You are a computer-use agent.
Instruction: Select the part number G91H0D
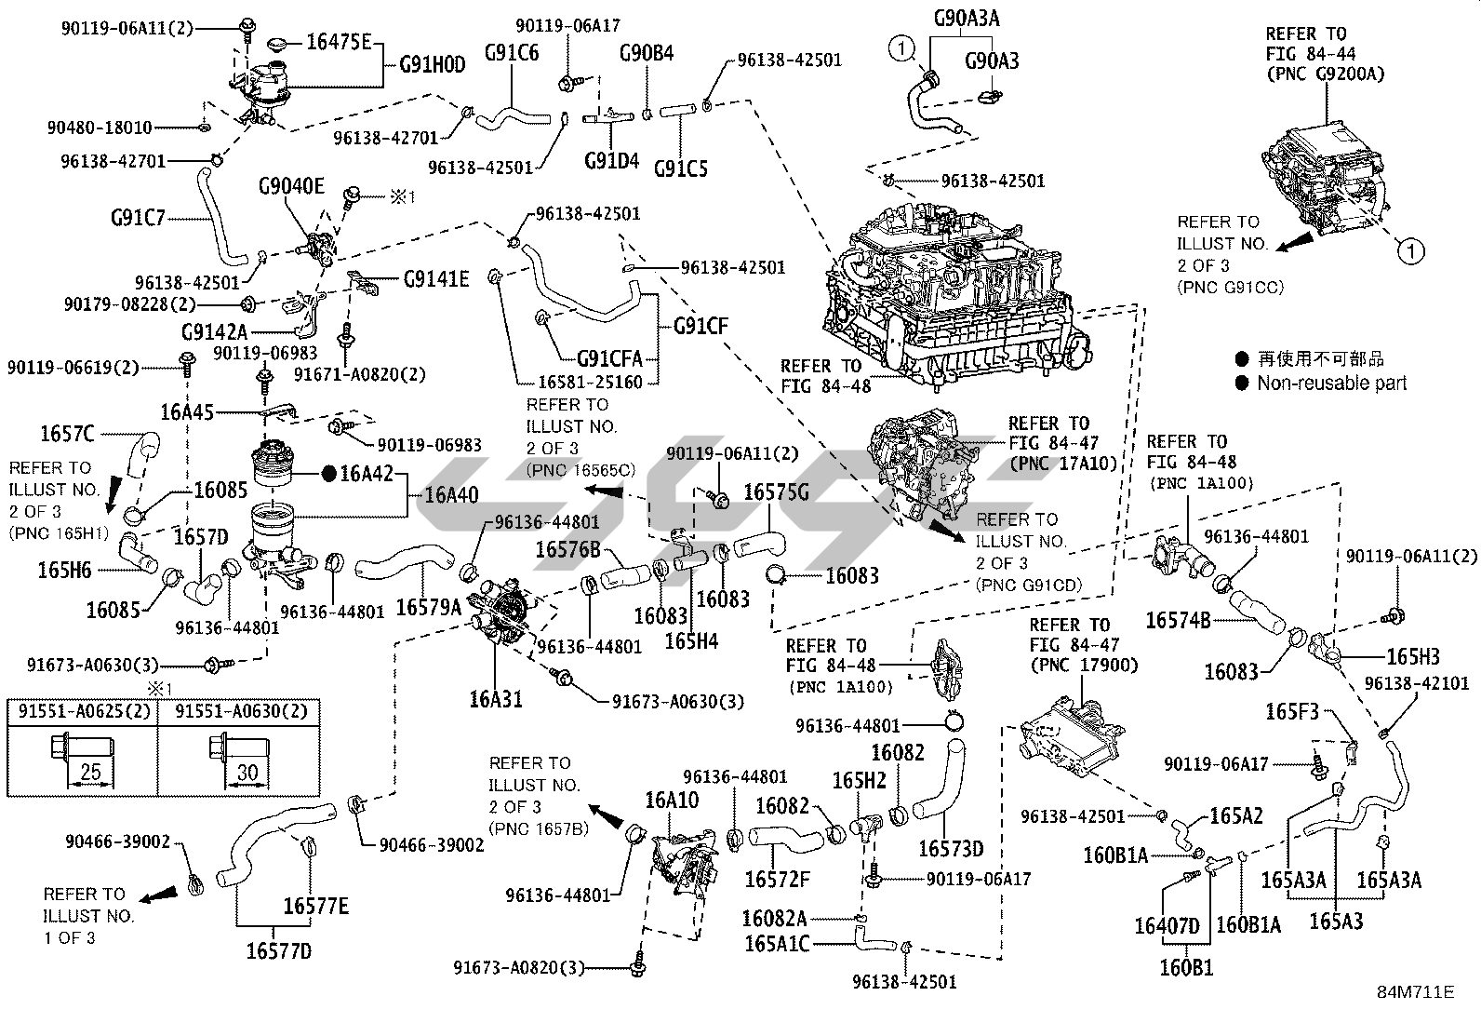[434, 65]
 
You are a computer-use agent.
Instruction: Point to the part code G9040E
[291, 186]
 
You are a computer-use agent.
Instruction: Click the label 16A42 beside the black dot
[368, 473]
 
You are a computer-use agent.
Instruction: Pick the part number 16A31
[496, 699]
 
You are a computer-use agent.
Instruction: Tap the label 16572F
[777, 879]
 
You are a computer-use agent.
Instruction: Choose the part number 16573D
[951, 848]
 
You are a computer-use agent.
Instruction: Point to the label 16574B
[1178, 620]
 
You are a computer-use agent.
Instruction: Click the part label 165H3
[1413, 656]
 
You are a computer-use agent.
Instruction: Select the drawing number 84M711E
[1415, 992]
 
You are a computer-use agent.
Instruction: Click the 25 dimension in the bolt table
[90, 772]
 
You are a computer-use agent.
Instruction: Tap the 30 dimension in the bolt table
[247, 772]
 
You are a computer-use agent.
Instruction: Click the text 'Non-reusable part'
[1331, 383]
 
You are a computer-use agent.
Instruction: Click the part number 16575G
[776, 491]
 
